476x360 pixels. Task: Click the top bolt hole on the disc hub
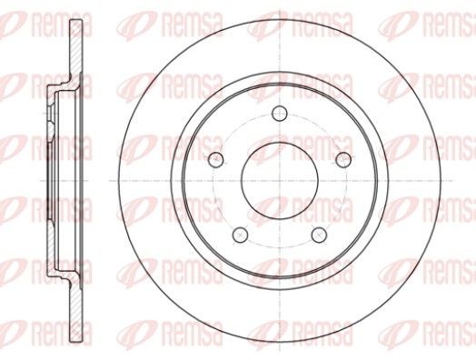click(x=280, y=114)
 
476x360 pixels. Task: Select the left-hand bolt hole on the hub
click(x=216, y=159)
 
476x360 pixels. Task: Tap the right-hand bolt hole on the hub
click(x=343, y=159)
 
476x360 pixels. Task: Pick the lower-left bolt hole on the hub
click(x=240, y=235)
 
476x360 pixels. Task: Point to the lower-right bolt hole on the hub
click(x=319, y=235)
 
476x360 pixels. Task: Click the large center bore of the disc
click(x=280, y=181)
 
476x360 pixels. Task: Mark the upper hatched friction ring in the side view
click(x=76, y=47)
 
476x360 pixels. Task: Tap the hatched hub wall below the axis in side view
click(x=51, y=242)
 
